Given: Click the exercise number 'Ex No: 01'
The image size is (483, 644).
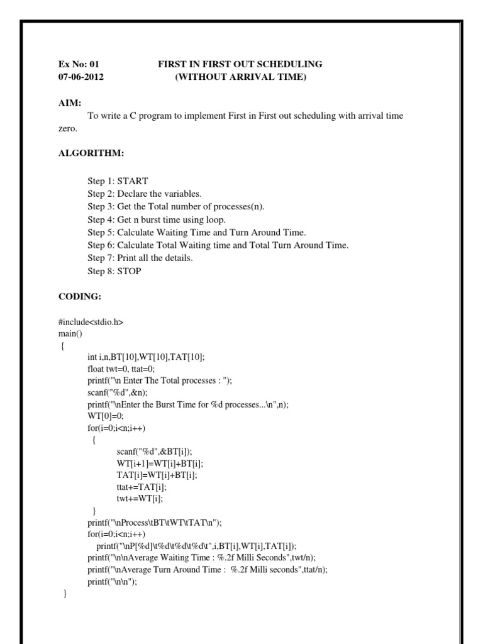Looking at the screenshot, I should pyautogui.click(x=79, y=64).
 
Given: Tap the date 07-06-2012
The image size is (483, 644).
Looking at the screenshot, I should pyautogui.click(x=81, y=77).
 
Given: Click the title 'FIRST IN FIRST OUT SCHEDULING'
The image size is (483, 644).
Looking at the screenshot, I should pyautogui.click(x=240, y=64).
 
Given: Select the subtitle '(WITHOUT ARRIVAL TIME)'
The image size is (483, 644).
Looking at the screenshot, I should pyautogui.click(x=240, y=77).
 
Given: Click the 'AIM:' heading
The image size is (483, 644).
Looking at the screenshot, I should pyautogui.click(x=69, y=103).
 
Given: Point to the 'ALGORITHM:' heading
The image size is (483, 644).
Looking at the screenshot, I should pyautogui.click(x=87, y=153).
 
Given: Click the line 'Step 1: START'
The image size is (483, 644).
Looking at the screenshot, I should pyautogui.click(x=118, y=181).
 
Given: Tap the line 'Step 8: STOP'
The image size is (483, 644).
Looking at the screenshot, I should pyautogui.click(x=114, y=271).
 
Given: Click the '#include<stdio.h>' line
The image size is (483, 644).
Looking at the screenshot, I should pyautogui.click(x=91, y=322).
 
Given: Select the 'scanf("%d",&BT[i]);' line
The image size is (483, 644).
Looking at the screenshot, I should pyautogui.click(x=154, y=452).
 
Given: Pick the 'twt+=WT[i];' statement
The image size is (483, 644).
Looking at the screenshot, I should pyautogui.click(x=139, y=498).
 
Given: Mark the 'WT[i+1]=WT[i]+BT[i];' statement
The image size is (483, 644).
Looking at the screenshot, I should pyautogui.click(x=161, y=463).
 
